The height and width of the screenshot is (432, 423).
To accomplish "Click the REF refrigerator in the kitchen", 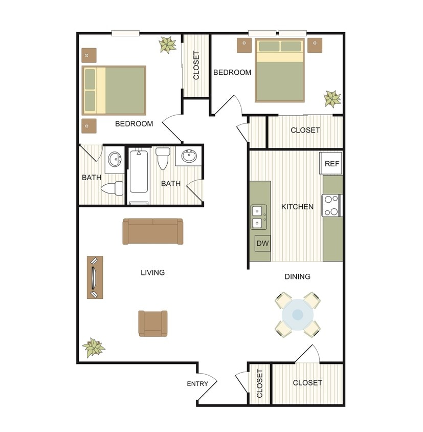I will coord(331,164).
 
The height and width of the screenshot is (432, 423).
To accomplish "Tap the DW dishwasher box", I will coord(262,244).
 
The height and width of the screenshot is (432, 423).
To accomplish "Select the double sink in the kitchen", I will coord(258,217).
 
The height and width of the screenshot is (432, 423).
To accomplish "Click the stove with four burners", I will coord(331,205).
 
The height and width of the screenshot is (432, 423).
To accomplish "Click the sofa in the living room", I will coord(153,231).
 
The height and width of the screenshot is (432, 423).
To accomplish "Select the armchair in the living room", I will coord(153,323).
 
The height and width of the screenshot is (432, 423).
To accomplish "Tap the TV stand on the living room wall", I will coord(95,277).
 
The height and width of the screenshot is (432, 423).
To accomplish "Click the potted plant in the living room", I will coord(94,348).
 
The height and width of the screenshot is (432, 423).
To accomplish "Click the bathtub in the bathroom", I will coord(139,177).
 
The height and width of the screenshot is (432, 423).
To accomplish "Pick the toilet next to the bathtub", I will coord(163,158).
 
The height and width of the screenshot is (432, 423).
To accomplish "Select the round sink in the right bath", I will coord(189,156).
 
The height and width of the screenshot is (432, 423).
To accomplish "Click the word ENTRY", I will coord(197,384).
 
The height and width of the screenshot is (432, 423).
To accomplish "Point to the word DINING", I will coord(297,276).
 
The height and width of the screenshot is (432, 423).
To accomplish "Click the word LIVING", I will coord(152,272).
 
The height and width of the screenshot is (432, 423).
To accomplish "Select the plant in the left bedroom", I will coord(167,45).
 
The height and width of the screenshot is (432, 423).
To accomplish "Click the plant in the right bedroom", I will coord(332,98).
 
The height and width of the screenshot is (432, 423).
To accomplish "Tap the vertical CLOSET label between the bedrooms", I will coord(196,66).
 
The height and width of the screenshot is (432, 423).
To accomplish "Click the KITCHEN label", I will coord(297,207).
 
